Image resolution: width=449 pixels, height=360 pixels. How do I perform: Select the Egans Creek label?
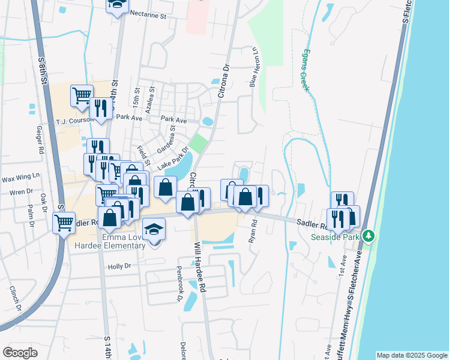[306, 70]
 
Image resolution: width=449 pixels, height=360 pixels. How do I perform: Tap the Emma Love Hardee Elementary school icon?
[154, 230]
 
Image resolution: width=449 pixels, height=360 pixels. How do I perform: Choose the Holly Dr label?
[119, 266]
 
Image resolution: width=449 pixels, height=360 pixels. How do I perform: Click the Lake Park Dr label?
[173, 157]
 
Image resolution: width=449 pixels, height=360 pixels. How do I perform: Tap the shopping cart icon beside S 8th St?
[64, 223]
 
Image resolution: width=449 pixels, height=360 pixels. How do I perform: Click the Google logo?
[20, 353]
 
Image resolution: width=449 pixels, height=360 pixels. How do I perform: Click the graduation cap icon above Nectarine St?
[116, 5]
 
